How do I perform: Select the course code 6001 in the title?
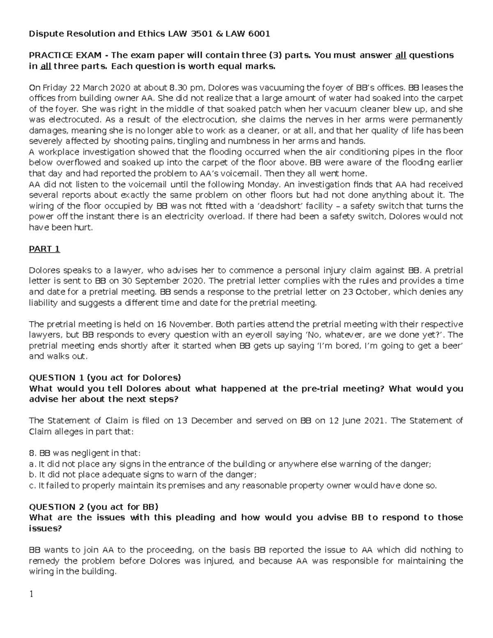click(259, 34)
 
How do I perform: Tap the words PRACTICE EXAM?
click(64, 55)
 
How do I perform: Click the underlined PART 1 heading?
click(44, 249)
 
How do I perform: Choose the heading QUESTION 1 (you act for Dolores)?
click(105, 378)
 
